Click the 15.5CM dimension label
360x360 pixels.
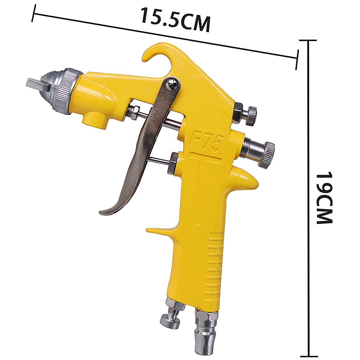(x=176, y=19)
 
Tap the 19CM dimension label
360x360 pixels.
(x=324, y=198)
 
